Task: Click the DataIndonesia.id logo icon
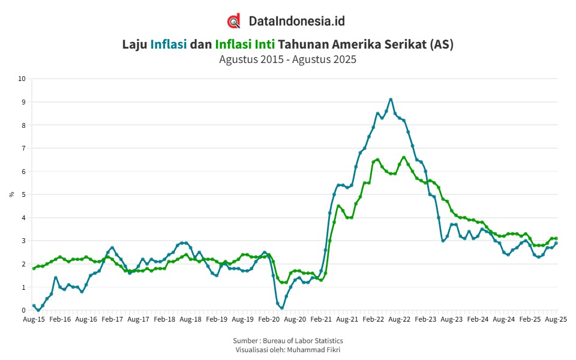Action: coord(233,21)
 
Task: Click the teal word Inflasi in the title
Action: coord(169,44)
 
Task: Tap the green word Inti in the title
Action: coord(265,44)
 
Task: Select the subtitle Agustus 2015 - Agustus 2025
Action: coord(287,59)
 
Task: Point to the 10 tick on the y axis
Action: coord(22,79)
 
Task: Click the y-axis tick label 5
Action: coord(24,194)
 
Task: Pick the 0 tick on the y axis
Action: coord(24,310)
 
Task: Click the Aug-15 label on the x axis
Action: coord(34,319)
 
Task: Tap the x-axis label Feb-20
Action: coord(269,319)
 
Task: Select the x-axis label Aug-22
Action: coord(400,319)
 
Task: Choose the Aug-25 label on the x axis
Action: coord(556,319)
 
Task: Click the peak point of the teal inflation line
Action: coord(391,99)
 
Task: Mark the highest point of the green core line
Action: coord(404,157)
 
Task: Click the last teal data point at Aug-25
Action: coord(556,243)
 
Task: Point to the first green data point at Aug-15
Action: coord(34,269)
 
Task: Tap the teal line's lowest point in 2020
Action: coord(282,308)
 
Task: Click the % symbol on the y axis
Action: coord(11,194)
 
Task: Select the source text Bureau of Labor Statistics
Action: coord(302,341)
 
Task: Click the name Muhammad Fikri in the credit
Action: coord(313,350)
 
